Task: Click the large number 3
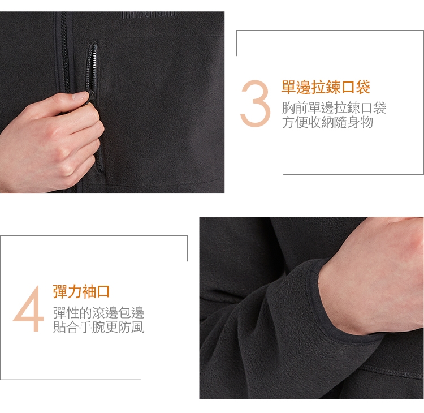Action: (x=256, y=104)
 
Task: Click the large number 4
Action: (x=29, y=308)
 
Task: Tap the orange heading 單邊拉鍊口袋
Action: (x=326, y=87)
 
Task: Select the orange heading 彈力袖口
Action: (x=81, y=291)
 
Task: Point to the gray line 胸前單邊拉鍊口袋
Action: (x=334, y=107)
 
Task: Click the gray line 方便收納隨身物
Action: (x=328, y=122)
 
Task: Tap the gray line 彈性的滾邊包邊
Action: (x=99, y=313)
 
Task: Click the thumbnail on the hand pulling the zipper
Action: (x=81, y=95)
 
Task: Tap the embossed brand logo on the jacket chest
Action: (x=149, y=14)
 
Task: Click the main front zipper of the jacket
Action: (x=66, y=54)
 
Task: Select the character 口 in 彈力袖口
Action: (x=103, y=291)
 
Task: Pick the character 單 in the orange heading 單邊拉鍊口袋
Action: (x=289, y=87)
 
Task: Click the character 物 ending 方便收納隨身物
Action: (x=367, y=122)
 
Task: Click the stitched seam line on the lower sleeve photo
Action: (x=392, y=373)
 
